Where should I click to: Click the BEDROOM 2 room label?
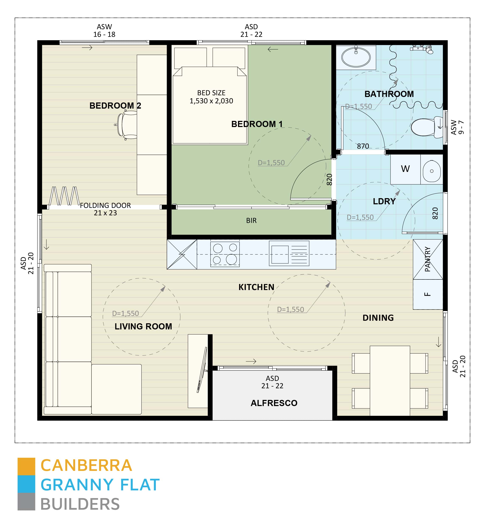point(115,106)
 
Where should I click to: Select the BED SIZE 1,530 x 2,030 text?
point(211,97)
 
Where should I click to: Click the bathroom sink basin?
point(356,57)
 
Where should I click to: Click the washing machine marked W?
point(405,169)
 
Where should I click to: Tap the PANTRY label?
point(428,259)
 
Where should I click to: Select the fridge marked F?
point(428,294)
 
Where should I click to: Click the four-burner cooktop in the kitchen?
point(225,254)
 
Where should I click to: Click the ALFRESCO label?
point(274,403)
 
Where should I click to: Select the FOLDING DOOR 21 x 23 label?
point(105,209)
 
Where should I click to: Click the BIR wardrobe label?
point(251,221)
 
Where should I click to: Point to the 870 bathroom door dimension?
point(363,146)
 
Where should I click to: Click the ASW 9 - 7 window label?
point(457,127)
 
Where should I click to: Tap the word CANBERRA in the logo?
point(86,466)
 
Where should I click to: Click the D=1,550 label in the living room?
point(125,313)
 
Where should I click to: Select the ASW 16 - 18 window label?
point(104,30)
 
